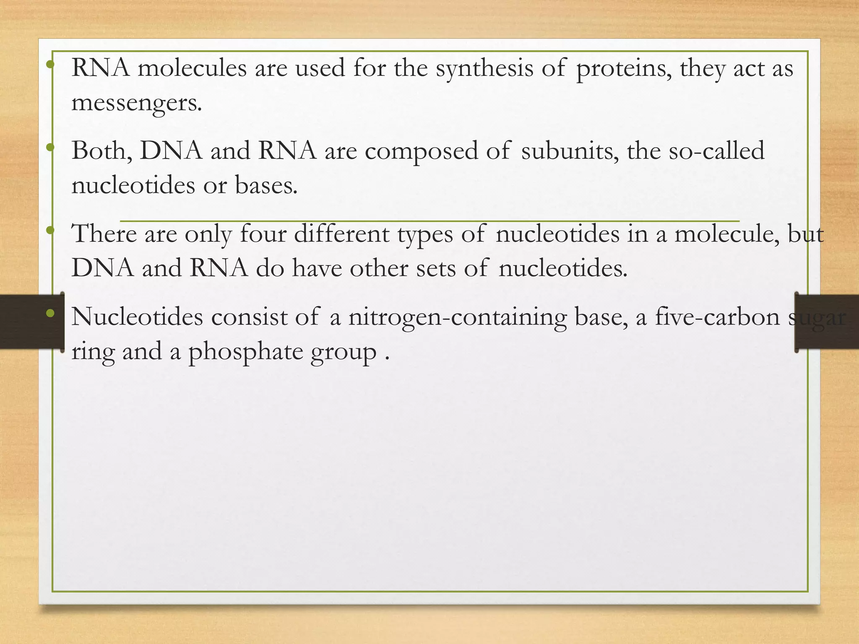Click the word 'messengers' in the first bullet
point(136,103)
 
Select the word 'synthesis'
point(484,68)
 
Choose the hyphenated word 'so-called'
point(716,151)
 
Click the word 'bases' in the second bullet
point(266,185)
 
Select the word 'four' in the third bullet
point(263,234)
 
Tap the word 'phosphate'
point(245,352)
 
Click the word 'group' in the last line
point(343,353)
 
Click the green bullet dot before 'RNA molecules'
point(50,65)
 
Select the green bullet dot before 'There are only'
point(50,230)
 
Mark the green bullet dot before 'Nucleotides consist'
point(50,313)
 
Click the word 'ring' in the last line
point(93,352)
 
